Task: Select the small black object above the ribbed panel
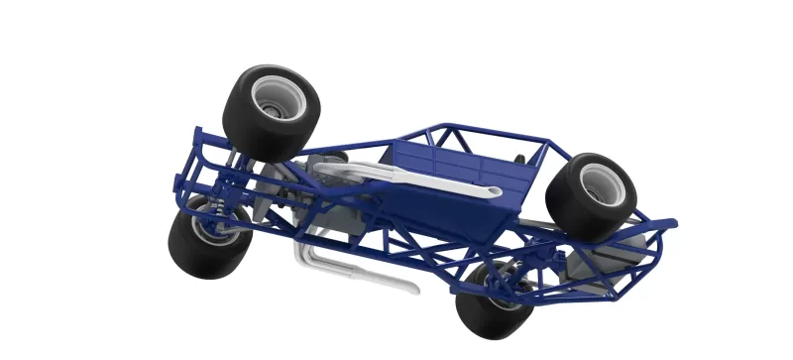(x=518, y=159)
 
